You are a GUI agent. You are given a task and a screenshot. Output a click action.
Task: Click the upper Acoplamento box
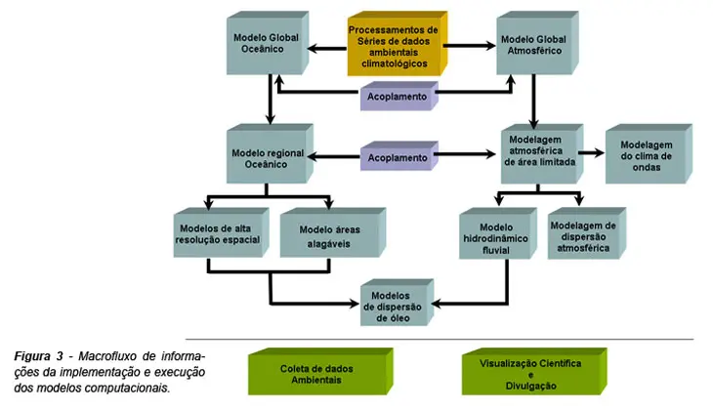(x=396, y=99)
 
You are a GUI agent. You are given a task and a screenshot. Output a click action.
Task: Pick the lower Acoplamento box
(x=396, y=158)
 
